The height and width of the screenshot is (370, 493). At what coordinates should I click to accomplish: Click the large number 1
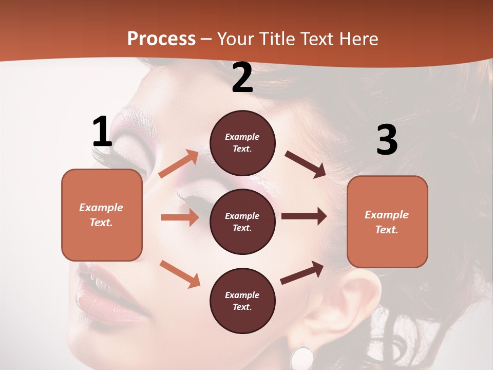(x=102, y=132)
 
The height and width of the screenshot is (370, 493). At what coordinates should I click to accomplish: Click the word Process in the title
(x=161, y=39)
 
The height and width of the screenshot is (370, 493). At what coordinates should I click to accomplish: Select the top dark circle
(x=242, y=143)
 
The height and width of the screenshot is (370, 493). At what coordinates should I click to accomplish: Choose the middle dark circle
(x=242, y=221)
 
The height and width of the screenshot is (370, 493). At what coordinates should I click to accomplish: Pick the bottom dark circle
(x=242, y=301)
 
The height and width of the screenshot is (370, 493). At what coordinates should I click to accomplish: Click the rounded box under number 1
(x=102, y=215)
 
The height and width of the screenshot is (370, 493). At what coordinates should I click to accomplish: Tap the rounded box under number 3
(x=387, y=221)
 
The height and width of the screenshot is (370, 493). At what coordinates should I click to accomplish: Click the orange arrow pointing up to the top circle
(x=179, y=164)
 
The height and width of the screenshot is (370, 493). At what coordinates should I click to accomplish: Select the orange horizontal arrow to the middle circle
(x=180, y=217)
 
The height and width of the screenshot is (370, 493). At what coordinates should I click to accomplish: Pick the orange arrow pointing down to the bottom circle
(x=180, y=273)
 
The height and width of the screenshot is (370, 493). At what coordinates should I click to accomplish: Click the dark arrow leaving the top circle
(x=305, y=164)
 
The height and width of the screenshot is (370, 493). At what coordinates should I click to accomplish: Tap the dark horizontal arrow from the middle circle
(x=304, y=216)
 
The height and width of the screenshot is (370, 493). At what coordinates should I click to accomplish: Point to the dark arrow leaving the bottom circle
(x=302, y=273)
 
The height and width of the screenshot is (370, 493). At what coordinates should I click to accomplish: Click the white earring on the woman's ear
(x=302, y=357)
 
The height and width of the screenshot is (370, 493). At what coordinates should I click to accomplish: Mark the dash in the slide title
(x=206, y=39)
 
